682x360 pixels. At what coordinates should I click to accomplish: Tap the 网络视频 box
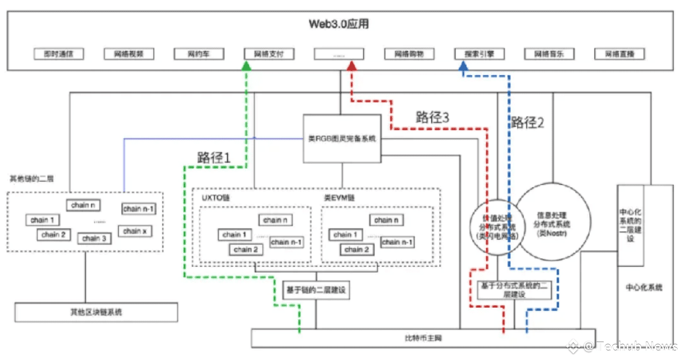(129, 54)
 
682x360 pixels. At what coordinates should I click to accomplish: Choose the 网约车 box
(199, 54)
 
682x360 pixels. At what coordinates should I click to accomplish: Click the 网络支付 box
(269, 54)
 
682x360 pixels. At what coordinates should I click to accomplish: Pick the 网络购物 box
(409, 54)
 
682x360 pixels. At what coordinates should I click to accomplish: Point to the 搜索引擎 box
(479, 54)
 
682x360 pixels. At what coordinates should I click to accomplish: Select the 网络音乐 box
(549, 54)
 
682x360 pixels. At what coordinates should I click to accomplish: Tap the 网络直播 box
(619, 54)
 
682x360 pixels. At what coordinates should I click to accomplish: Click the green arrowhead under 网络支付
(246, 66)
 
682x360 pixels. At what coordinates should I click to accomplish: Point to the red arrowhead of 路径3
(351, 66)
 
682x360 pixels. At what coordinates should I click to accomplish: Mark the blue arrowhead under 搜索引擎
(463, 66)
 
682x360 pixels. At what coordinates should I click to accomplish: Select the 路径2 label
(528, 122)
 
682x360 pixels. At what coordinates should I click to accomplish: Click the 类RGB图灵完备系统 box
(342, 138)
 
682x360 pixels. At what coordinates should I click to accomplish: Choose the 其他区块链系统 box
(96, 312)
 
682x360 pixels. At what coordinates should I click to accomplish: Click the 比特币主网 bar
(423, 338)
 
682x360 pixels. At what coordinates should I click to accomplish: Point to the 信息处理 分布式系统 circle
(554, 224)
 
